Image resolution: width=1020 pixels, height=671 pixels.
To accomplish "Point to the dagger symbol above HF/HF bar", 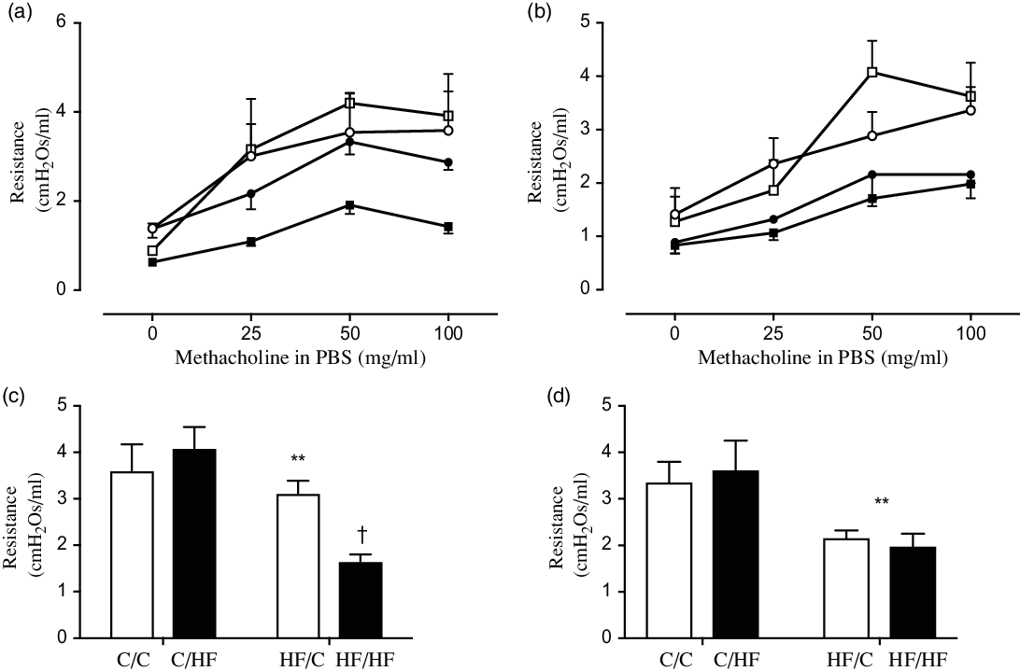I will (x=360, y=536).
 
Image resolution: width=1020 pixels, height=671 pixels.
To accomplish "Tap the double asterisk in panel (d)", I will (x=881, y=502).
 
